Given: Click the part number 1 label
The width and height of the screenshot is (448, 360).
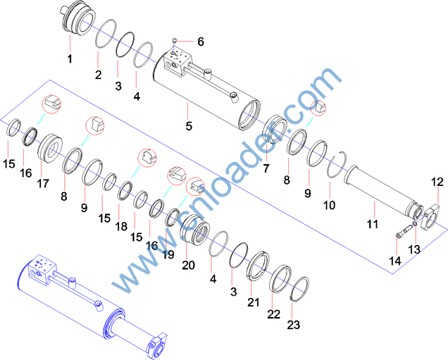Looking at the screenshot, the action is (70, 59).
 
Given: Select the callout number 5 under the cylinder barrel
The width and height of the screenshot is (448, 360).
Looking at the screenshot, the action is (189, 126).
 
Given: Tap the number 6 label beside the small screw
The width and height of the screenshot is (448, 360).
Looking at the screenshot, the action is (201, 42).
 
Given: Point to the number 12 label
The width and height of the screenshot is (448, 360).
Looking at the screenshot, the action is (437, 182).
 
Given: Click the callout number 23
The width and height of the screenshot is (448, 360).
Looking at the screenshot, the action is (294, 325).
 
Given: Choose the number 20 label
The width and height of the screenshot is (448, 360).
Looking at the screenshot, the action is (189, 265).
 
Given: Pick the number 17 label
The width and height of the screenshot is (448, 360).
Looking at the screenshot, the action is (43, 183).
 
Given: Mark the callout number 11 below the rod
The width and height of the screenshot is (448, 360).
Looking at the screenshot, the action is (373, 224).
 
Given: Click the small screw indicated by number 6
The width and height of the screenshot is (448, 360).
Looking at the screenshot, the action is (174, 41).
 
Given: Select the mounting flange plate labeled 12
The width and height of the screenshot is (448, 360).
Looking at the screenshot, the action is (430, 216).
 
